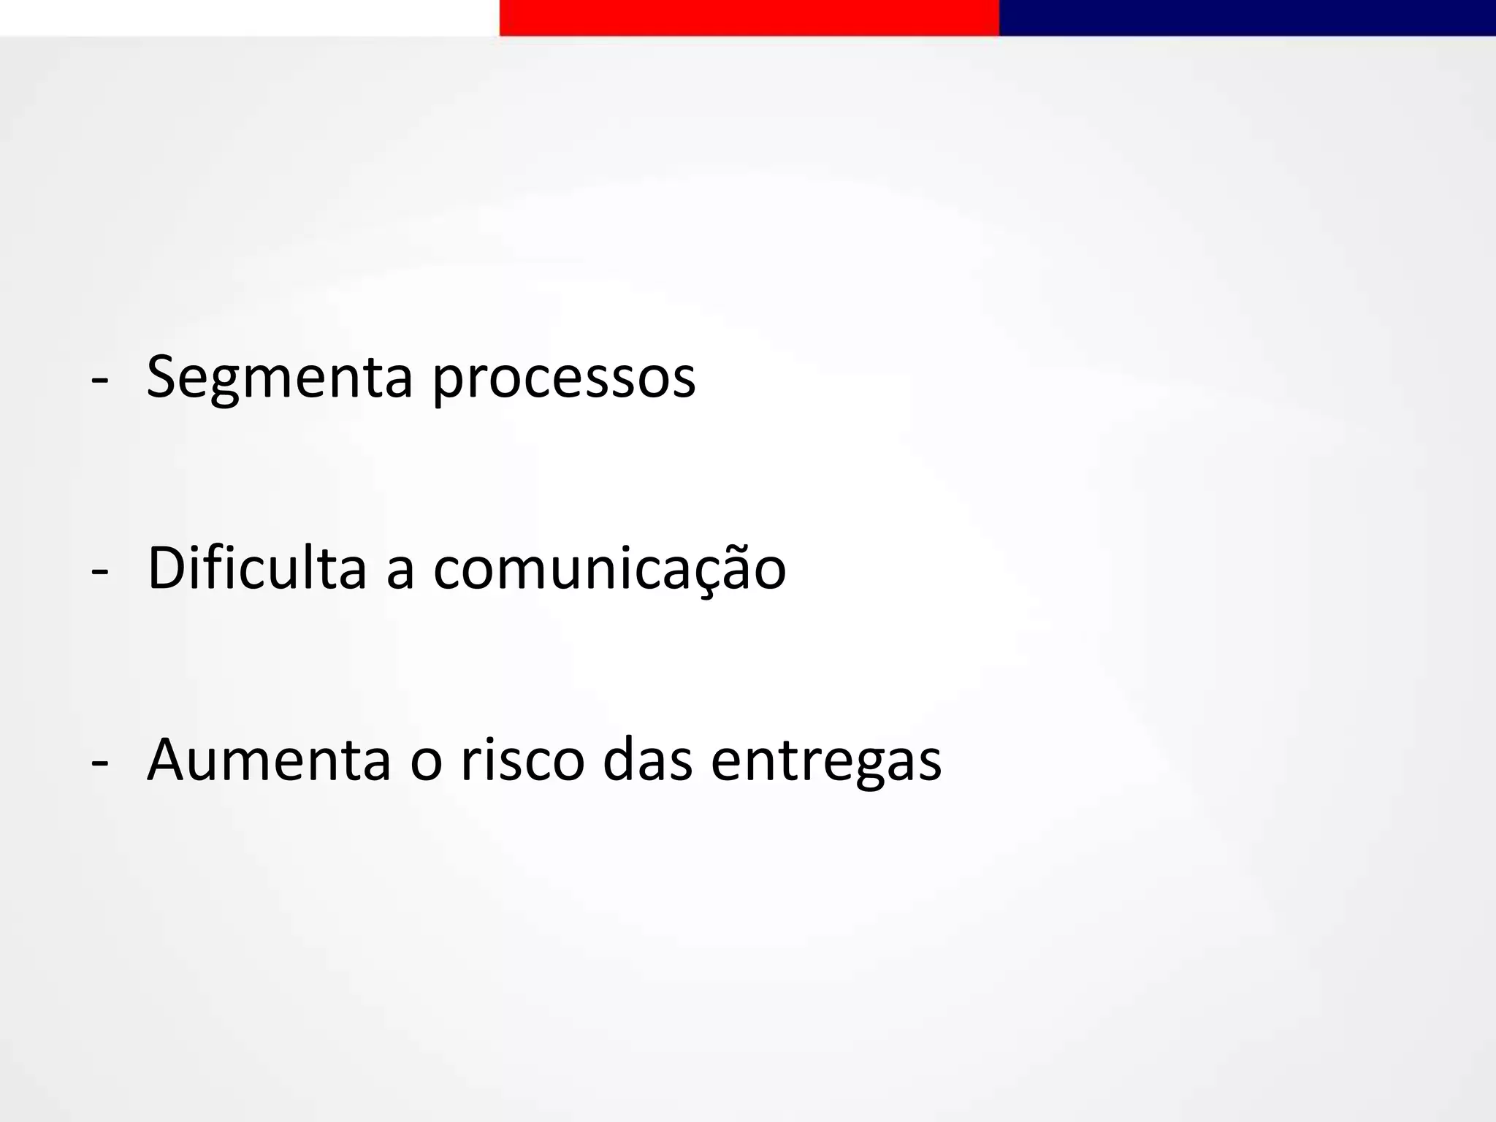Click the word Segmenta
tap(280, 378)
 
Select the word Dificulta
tap(256, 568)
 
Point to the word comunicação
tap(609, 570)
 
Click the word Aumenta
tap(269, 760)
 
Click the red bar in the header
tap(749, 18)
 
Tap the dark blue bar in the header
tap(1247, 18)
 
